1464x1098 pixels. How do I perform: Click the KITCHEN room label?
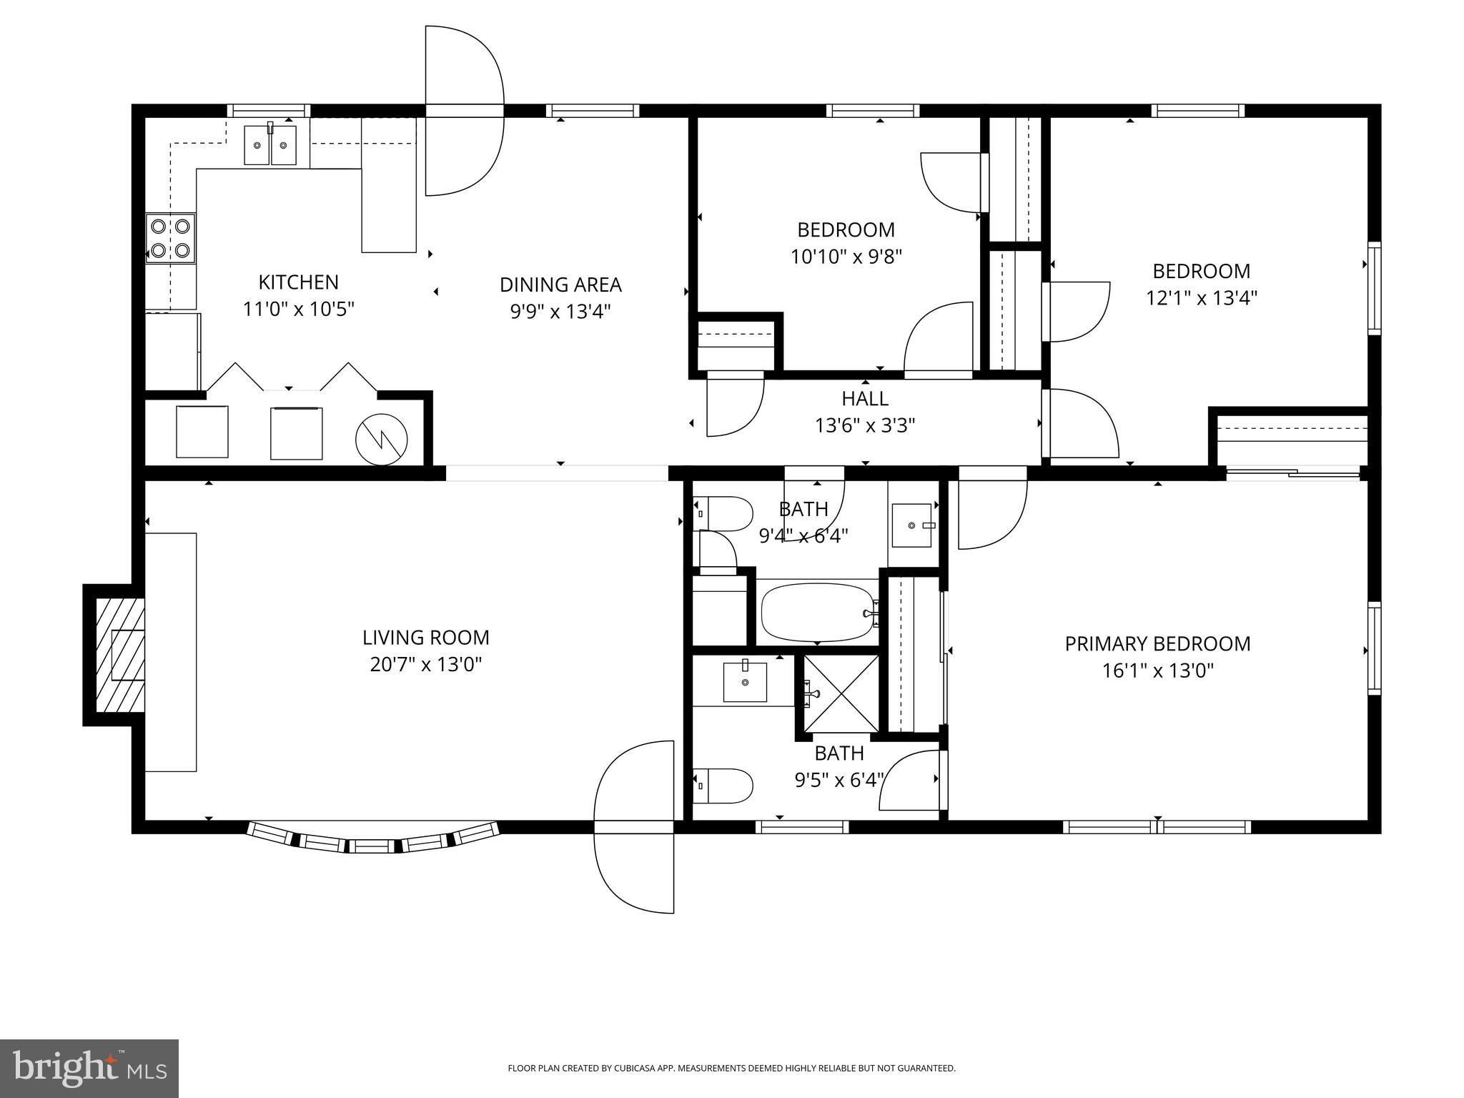(x=298, y=282)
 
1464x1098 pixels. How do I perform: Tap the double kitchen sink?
(x=270, y=145)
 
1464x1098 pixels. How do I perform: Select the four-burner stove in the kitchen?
(x=171, y=238)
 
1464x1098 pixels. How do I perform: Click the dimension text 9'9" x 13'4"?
(x=560, y=312)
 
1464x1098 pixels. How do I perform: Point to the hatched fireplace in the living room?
(x=114, y=655)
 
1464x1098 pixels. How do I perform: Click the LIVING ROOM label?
(x=425, y=638)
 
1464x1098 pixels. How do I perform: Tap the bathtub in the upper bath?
(x=818, y=613)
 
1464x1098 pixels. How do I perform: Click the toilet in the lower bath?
(x=724, y=786)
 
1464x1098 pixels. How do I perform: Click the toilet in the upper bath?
(x=724, y=513)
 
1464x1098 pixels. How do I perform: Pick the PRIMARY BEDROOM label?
(x=1157, y=644)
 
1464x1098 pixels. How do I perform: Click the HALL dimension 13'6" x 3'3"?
(x=865, y=426)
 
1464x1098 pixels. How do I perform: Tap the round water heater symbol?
(x=382, y=439)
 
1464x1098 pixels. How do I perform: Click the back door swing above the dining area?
(x=463, y=111)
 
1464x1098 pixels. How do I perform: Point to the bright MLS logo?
(x=89, y=1068)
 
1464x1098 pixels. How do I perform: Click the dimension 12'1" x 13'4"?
(x=1202, y=298)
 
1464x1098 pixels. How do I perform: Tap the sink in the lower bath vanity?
(x=745, y=682)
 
